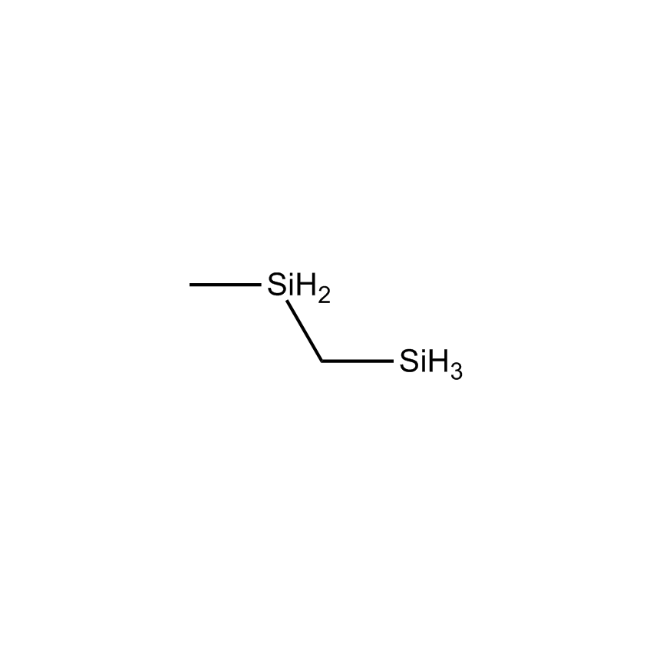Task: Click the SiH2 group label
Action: coord(299,287)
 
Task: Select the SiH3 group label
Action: coord(431,364)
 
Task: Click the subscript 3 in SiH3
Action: coord(457,371)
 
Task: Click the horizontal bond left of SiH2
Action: coord(226,285)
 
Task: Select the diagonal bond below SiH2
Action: coord(304,331)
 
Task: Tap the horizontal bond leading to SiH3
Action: coord(358,361)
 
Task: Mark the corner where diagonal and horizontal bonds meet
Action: coord(322,361)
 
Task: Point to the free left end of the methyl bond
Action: coord(190,285)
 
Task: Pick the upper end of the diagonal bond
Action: coord(286,301)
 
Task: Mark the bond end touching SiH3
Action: coord(394,361)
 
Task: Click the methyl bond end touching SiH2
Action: coord(261,285)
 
